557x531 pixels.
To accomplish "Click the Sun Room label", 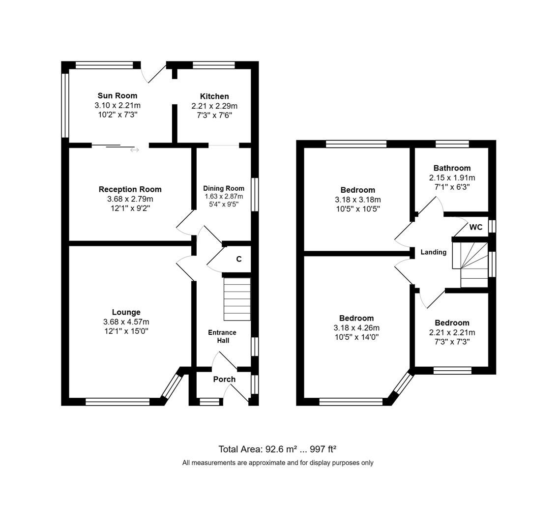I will point(117,95).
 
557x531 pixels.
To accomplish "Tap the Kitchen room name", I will point(214,96).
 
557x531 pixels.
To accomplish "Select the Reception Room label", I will point(130,189).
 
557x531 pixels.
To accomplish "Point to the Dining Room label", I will point(224,188).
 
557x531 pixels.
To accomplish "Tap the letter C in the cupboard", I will point(239,259).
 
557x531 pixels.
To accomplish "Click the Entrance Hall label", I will point(222,336).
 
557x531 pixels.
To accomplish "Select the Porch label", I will point(224,379).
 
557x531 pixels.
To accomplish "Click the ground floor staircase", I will point(237,299).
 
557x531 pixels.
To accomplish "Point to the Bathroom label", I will point(452,168).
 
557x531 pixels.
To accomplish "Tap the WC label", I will point(475,227).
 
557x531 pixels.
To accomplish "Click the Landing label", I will point(433,252).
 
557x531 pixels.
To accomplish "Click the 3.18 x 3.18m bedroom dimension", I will point(357,200).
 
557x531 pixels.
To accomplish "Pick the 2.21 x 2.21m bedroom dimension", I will point(452,332).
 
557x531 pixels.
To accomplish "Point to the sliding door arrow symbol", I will point(134,150).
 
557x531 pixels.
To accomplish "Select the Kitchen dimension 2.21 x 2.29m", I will point(214,106).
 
